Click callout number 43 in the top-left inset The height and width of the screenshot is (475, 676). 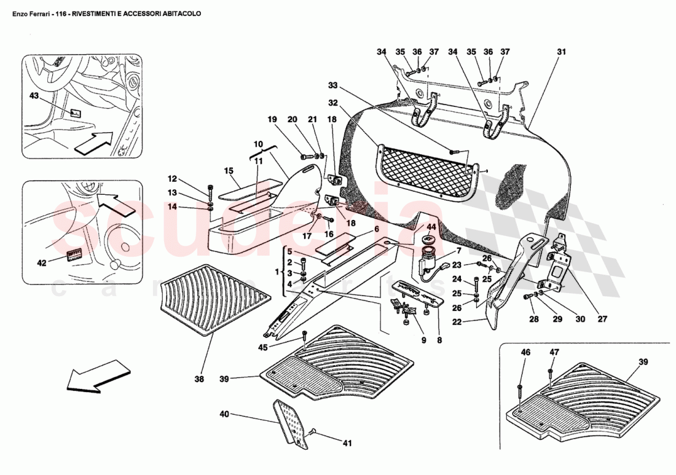(34, 96)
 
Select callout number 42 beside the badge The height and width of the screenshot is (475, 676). (42, 263)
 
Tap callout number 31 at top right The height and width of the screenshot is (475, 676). (560, 53)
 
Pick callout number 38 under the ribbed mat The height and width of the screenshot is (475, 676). (199, 380)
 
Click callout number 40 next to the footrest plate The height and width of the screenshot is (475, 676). (224, 415)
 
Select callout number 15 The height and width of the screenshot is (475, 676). (229, 170)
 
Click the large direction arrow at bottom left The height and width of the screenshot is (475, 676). (98, 375)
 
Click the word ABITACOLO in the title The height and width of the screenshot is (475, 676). (181, 13)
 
